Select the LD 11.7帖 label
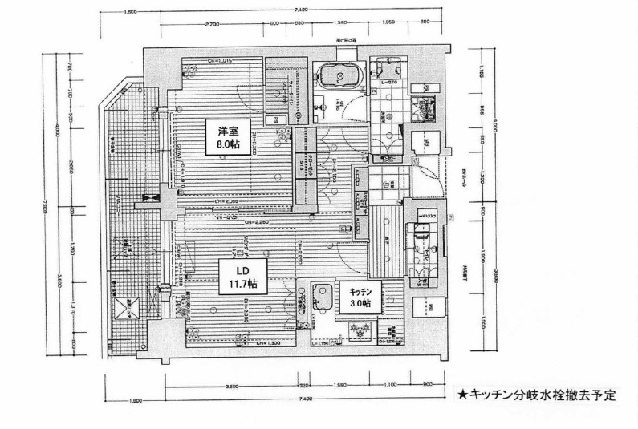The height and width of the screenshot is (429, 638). tap(241, 277)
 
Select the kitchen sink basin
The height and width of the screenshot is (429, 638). tap(323, 295)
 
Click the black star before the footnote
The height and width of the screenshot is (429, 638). tap(462, 395)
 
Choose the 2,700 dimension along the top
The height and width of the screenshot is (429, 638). tap(213, 25)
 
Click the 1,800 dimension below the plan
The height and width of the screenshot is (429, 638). tap(134, 399)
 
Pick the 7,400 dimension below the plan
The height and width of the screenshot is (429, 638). tap(303, 399)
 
